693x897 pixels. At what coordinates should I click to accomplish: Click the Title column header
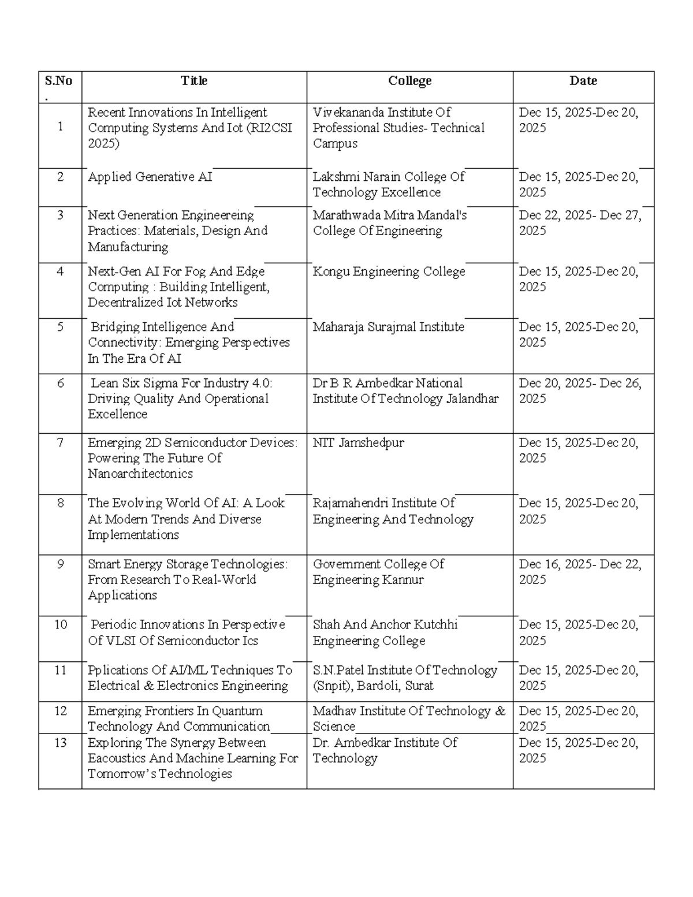(193, 81)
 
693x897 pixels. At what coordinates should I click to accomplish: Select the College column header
(409, 81)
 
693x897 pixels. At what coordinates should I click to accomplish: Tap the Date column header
(583, 81)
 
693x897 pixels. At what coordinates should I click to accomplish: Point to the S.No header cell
(58, 81)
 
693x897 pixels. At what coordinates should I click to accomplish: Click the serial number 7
(60, 443)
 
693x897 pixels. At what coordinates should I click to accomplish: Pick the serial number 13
(60, 743)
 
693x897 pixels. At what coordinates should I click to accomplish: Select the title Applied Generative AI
(150, 177)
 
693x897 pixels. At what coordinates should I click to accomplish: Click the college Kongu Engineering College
(389, 271)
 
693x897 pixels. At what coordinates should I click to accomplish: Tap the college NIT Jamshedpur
(358, 443)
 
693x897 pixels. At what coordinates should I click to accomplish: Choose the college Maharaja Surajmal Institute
(388, 327)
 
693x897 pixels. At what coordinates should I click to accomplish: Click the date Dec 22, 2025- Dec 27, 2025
(580, 223)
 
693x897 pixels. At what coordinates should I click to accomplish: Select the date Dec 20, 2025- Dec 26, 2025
(580, 391)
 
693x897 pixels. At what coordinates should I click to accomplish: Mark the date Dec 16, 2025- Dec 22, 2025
(580, 572)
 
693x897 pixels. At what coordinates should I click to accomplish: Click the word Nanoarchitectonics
(140, 474)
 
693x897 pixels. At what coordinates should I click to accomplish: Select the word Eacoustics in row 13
(117, 758)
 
